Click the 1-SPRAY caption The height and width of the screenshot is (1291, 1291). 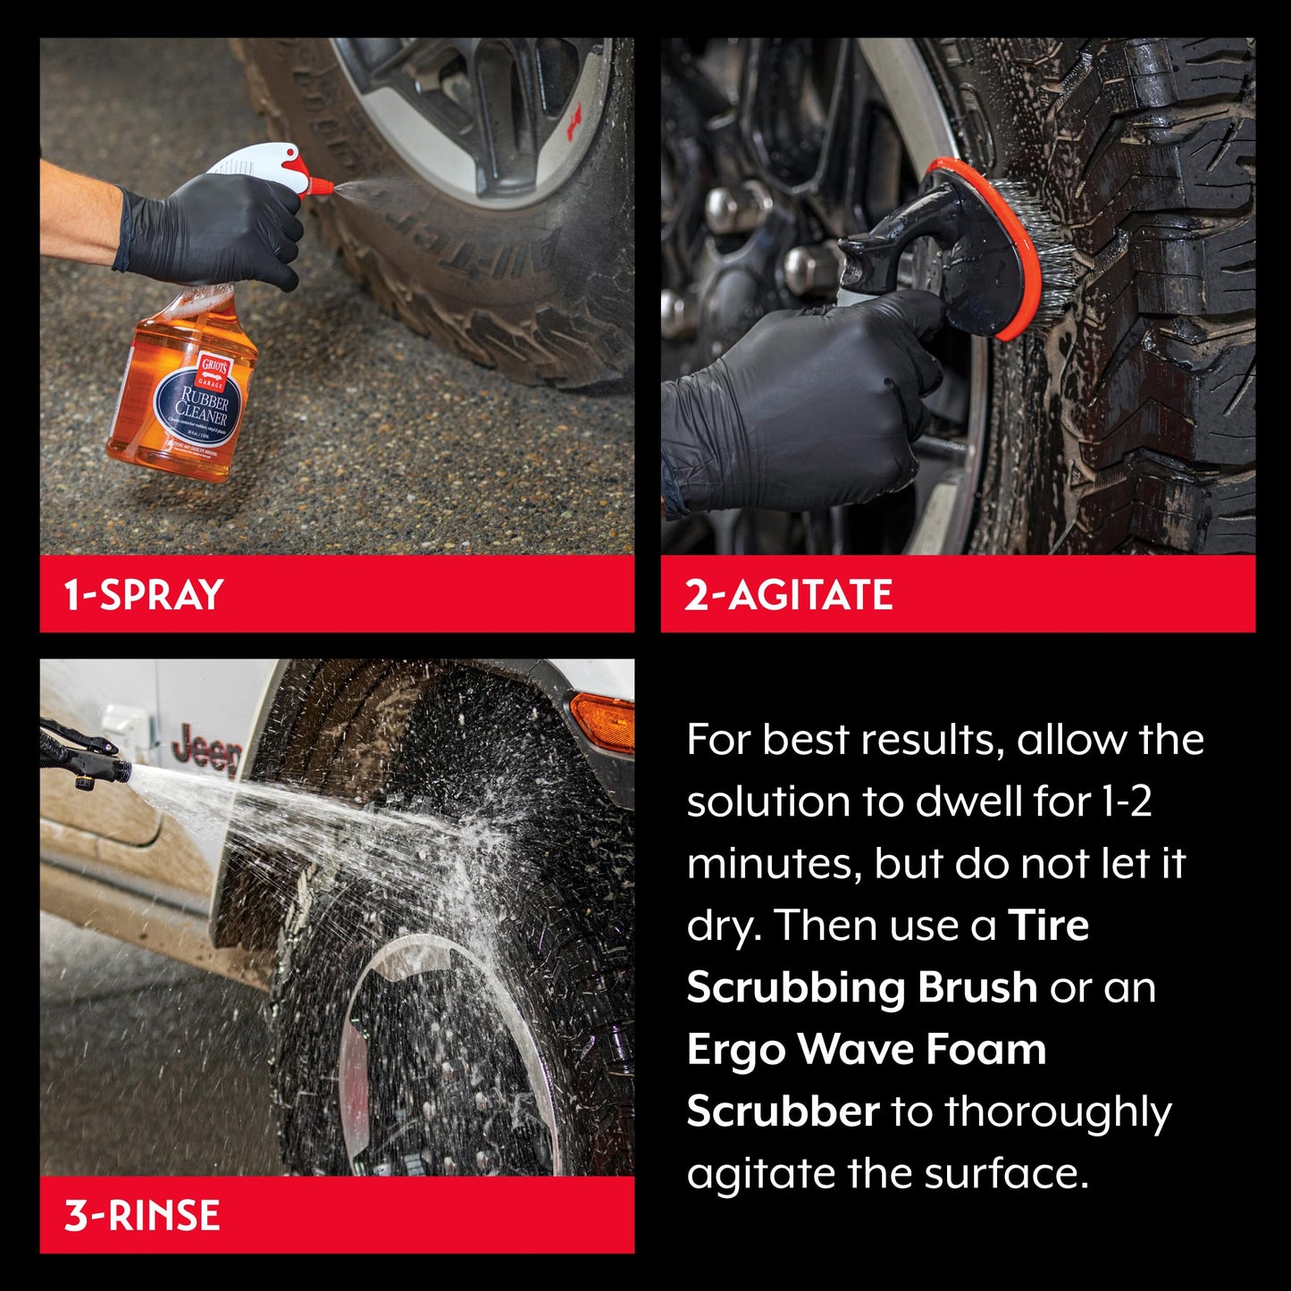143,595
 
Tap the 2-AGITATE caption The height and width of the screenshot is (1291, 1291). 788,595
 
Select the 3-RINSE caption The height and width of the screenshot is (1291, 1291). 141,1216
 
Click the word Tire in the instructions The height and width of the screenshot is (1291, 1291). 1048,925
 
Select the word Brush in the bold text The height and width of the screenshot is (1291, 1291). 977,987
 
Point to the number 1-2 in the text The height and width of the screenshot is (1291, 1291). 1127,801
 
